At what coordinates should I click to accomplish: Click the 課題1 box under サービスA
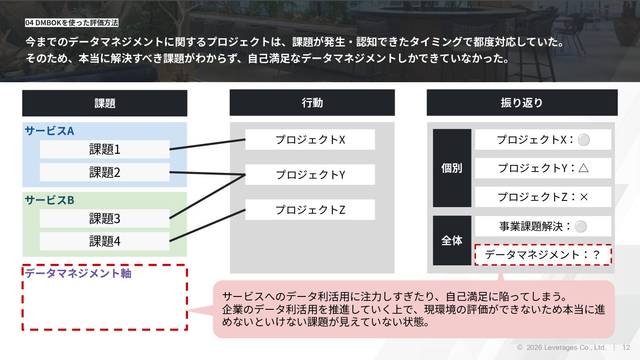tap(104, 149)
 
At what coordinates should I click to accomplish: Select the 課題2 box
tap(104, 172)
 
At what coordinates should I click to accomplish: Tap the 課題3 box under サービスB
tap(104, 219)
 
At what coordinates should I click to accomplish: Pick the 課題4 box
tap(104, 241)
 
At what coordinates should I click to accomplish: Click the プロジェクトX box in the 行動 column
tap(310, 140)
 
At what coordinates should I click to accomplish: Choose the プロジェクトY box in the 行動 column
tap(310, 175)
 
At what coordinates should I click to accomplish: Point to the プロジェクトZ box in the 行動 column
tap(310, 210)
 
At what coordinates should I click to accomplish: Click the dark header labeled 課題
tap(104, 103)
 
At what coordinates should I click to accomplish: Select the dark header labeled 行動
tap(312, 103)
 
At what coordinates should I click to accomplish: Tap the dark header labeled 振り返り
tap(522, 103)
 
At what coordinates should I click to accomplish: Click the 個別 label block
tap(452, 168)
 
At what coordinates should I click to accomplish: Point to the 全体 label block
tap(452, 240)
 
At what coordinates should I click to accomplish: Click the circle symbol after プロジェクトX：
tap(584, 140)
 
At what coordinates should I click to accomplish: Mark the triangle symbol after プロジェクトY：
tap(584, 168)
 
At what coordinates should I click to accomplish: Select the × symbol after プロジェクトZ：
tap(584, 197)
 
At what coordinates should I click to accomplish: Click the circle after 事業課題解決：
tap(580, 227)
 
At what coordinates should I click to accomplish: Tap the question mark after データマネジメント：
tap(596, 255)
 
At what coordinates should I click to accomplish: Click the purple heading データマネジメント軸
tap(78, 273)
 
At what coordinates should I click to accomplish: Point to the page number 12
tap(626, 348)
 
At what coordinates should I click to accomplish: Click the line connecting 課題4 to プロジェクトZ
tap(208, 225)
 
